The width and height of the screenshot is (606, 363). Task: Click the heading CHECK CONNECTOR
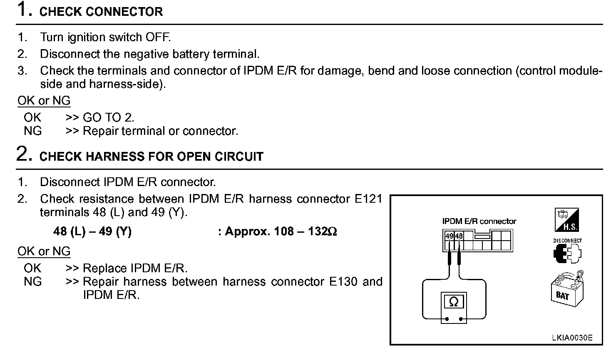click(x=101, y=12)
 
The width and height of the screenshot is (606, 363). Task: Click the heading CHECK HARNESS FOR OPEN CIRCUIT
click(x=151, y=157)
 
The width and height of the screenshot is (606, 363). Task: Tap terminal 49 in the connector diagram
click(x=449, y=236)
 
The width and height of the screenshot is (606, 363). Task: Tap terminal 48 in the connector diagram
click(x=459, y=236)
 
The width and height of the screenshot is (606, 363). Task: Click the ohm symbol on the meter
click(x=454, y=302)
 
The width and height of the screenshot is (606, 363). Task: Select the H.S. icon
click(x=566, y=220)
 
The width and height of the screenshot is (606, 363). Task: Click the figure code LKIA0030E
click(x=571, y=338)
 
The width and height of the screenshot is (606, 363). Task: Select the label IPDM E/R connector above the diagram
click(x=479, y=221)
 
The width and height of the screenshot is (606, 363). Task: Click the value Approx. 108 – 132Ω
click(x=277, y=231)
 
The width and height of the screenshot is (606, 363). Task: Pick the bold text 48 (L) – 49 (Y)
click(x=92, y=231)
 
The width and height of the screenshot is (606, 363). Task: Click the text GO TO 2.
click(x=108, y=118)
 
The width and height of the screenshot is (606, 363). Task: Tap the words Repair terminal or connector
click(x=160, y=131)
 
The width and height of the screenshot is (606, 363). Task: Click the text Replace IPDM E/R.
click(x=135, y=268)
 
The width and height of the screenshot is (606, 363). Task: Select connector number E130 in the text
click(x=343, y=282)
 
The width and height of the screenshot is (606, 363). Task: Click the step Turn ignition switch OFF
click(x=105, y=37)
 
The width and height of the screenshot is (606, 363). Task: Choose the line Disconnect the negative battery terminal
click(x=149, y=54)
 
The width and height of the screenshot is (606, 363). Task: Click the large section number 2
click(x=24, y=154)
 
